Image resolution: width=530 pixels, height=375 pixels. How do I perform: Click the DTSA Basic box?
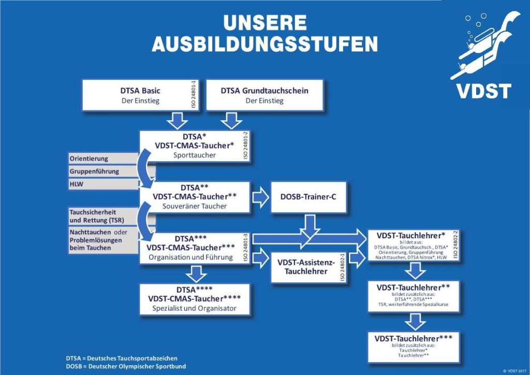click(141, 95)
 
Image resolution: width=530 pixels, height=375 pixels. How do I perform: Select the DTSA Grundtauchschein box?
click(264, 95)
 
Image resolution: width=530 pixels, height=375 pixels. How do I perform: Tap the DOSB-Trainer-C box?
click(308, 197)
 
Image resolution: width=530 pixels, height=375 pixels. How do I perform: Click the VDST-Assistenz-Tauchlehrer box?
click(308, 267)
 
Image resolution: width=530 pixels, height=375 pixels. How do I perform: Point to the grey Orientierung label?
click(104, 158)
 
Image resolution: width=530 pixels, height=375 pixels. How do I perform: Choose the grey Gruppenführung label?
click(104, 171)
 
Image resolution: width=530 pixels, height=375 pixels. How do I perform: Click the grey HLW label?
click(104, 184)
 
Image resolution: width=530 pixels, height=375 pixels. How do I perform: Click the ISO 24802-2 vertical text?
click(455, 245)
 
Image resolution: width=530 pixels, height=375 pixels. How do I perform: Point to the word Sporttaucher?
click(195, 155)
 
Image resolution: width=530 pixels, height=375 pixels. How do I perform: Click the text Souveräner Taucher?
click(195, 206)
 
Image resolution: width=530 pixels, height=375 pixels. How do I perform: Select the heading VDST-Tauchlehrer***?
click(414, 338)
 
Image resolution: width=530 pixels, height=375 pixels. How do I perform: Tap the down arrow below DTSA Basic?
click(177, 120)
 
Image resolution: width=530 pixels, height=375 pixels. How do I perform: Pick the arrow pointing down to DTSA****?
click(196, 273)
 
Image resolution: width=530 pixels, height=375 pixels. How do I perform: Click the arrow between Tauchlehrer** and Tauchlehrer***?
click(415, 321)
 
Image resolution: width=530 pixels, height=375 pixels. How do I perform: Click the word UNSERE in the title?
click(265, 23)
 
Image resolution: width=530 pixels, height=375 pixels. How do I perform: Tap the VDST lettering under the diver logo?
click(484, 91)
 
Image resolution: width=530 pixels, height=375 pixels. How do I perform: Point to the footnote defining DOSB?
click(126, 366)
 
